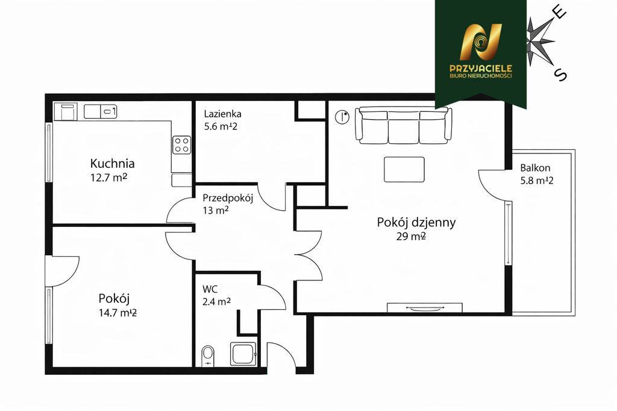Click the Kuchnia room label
point(112,163)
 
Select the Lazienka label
point(222,113)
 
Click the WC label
point(210,289)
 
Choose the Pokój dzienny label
point(416,222)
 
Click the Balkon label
point(535,168)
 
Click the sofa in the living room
point(403,126)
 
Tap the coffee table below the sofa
point(404,169)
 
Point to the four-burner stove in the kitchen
point(181,144)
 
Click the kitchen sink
point(100,111)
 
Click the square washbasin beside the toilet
point(243,354)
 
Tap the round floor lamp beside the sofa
point(342,116)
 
